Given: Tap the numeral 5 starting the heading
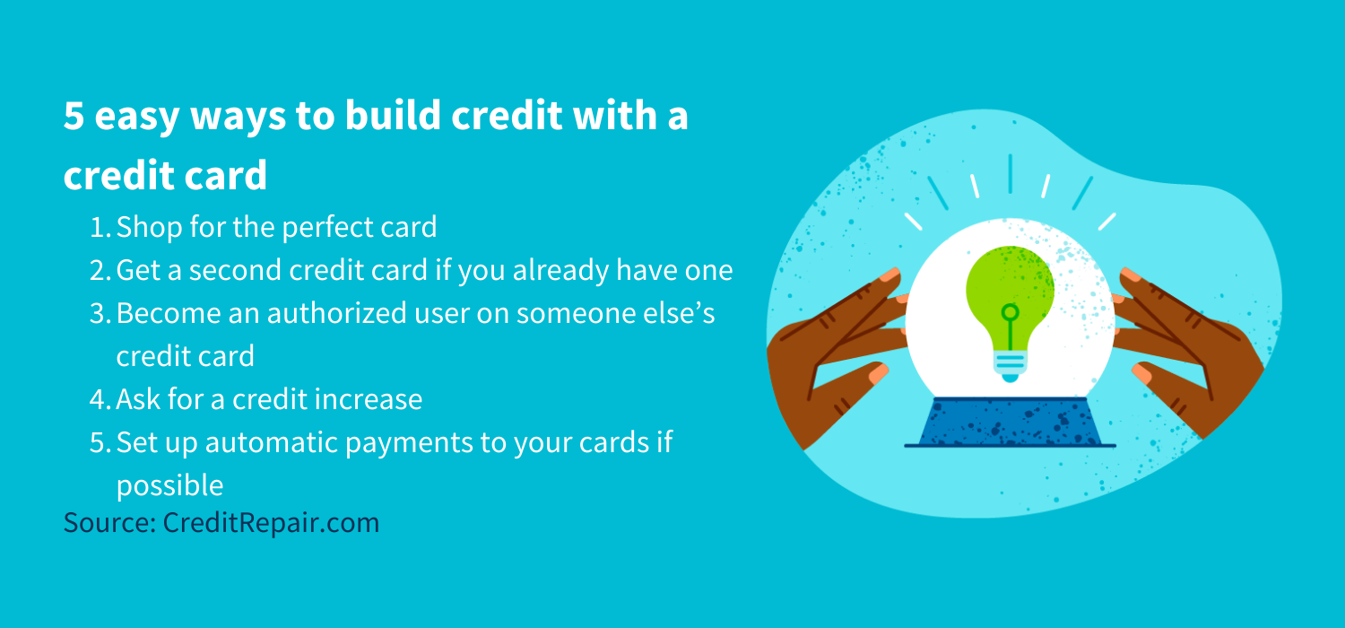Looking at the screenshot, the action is pyautogui.click(x=74, y=116).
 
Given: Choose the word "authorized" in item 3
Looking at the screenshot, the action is pyautogui.click(x=337, y=314).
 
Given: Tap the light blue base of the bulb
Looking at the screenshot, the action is pyautogui.click(x=1010, y=365).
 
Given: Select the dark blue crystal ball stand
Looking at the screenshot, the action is pyautogui.click(x=1010, y=422).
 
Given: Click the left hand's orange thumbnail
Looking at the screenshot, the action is pyautogui.click(x=879, y=372).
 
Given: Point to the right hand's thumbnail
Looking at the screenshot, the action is pyautogui.click(x=1141, y=374).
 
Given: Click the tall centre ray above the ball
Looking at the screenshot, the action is pyautogui.click(x=1011, y=174).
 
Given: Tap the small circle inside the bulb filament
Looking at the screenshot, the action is pyautogui.click(x=1010, y=312).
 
